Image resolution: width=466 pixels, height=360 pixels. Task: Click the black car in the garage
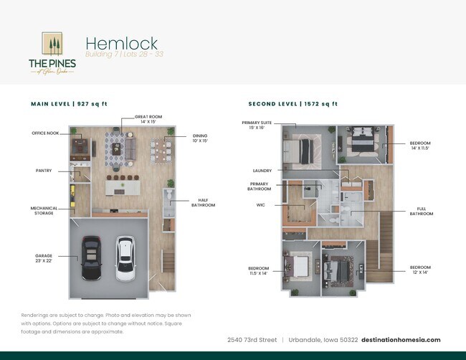coord(91,259)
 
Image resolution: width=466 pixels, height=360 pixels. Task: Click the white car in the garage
coord(125,260)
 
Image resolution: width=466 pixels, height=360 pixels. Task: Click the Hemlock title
coord(121,44)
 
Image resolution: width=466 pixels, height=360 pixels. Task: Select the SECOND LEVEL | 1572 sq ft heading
coord(293,104)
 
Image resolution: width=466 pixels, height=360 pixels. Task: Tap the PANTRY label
coord(44,171)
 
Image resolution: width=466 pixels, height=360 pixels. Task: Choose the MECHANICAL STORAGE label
coord(44,210)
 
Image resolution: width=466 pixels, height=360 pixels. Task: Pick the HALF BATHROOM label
coord(203,203)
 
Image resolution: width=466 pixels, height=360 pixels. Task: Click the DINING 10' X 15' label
coord(201,138)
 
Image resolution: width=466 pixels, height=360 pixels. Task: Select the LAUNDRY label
coord(262,171)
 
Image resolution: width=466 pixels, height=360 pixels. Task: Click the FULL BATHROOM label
coord(422,211)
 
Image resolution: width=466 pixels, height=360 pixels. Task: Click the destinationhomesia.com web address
coord(401,339)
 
